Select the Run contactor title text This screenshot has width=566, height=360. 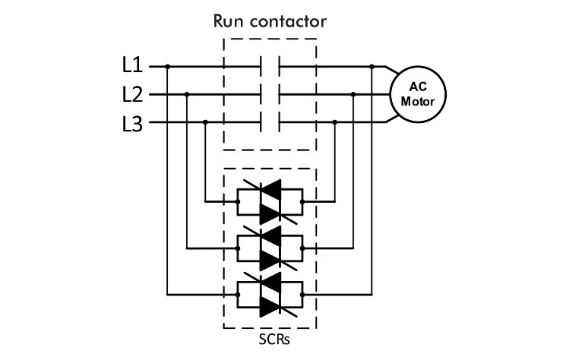coord(270,21)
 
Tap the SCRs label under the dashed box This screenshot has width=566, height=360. coord(270,337)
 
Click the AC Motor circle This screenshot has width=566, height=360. coord(417,94)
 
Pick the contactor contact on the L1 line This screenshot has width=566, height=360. coord(270,67)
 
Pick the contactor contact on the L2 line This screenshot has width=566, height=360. coord(270,95)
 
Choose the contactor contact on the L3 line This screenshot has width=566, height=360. coord(270,123)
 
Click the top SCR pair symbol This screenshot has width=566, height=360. coord(270,202)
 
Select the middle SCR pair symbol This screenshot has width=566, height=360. coord(270,247)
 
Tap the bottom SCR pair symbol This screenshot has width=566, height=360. coord(270,292)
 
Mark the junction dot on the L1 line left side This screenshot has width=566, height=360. coord(167,67)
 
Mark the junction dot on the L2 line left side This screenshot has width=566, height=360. coord(187,95)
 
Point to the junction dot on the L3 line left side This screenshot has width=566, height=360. coord(206,123)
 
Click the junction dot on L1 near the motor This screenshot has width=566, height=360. coord(372,67)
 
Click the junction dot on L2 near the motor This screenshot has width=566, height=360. coord(353,95)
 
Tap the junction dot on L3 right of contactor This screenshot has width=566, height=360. coord(334,123)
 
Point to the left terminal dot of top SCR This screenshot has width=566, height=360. coord(238,202)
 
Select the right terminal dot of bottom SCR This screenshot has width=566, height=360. coord(302,292)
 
